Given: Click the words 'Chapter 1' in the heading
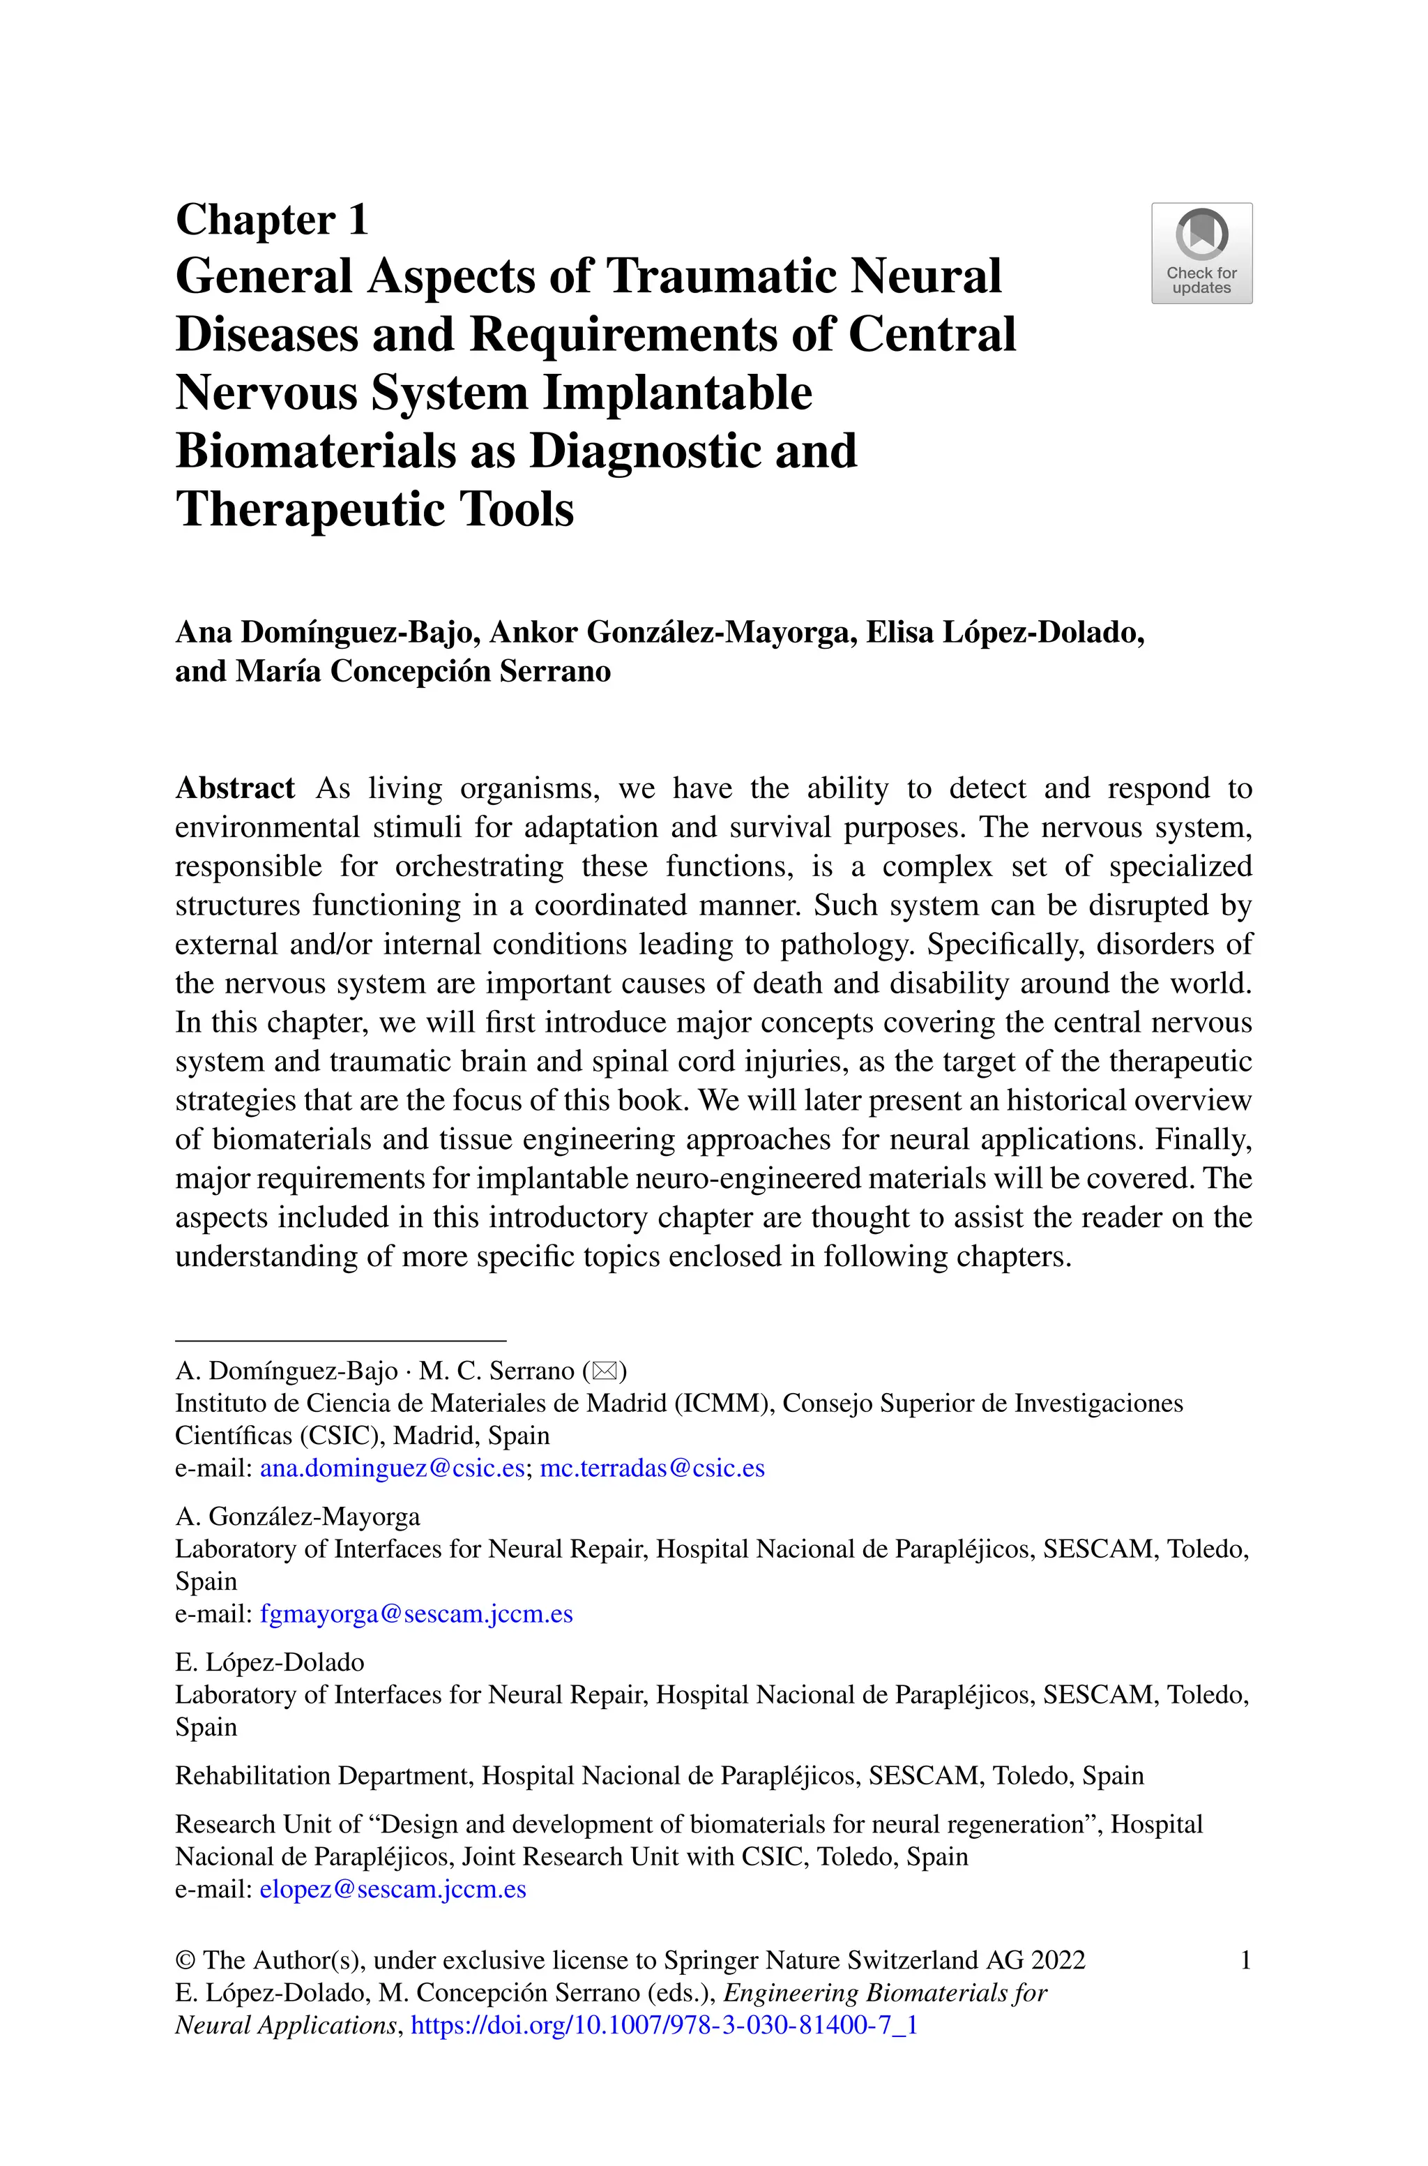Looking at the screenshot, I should point(271,220).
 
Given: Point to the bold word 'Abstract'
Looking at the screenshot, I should point(235,788).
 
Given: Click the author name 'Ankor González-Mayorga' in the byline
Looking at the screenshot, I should point(673,632).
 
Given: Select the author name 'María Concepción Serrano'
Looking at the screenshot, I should point(423,671).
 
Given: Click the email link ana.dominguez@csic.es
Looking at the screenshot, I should point(392,1468).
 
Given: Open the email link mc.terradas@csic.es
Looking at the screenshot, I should point(652,1468).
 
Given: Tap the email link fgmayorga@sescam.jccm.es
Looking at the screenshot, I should point(416,1614).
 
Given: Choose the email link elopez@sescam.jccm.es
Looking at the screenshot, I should point(393,1889).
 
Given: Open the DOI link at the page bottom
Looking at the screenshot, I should point(664,2025).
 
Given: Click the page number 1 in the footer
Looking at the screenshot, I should point(1245,1960).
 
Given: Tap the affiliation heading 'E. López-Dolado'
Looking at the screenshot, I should point(270,1662).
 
